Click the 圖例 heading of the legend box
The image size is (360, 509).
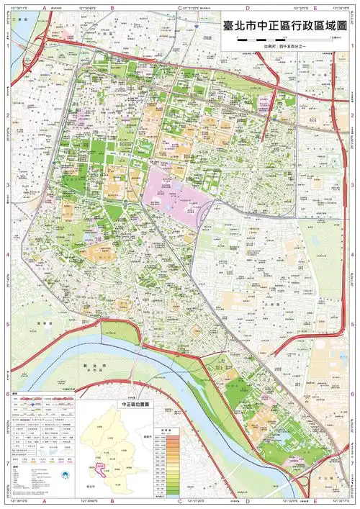pos(16,394)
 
